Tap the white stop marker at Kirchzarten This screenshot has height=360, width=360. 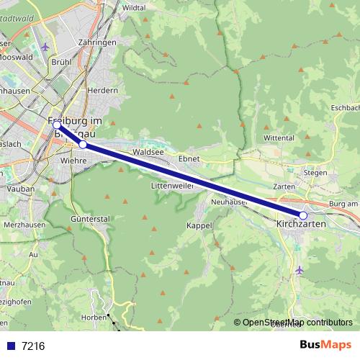point(303,215)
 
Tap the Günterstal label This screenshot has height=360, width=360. point(91,217)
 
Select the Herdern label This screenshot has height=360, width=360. point(102,91)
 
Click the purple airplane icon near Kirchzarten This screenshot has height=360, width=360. point(300,270)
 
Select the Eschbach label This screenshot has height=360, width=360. point(345,108)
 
